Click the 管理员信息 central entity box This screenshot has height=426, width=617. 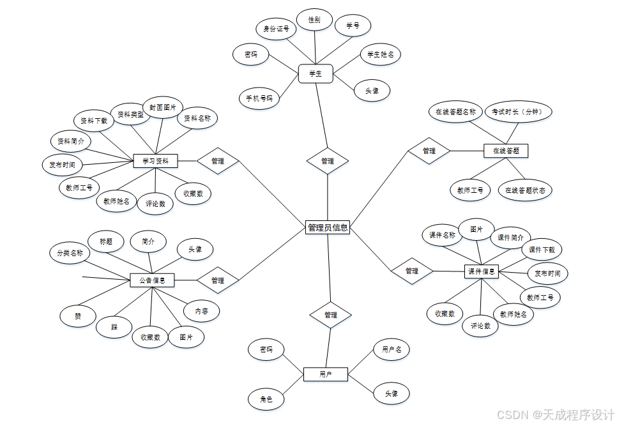pyautogui.click(x=328, y=227)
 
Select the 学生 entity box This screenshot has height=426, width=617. pyautogui.click(x=316, y=74)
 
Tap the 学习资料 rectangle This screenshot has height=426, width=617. pyautogui.click(x=155, y=161)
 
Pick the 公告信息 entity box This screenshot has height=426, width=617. pyautogui.click(x=152, y=280)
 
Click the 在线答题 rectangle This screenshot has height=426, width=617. pyautogui.click(x=506, y=151)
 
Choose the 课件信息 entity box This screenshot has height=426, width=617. pyautogui.click(x=481, y=271)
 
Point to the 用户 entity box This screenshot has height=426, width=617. pyautogui.click(x=325, y=374)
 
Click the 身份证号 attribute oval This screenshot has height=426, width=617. pyautogui.click(x=276, y=29)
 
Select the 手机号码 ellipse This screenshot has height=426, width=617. pyautogui.click(x=259, y=98)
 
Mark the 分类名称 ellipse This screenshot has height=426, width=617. pyautogui.click(x=70, y=252)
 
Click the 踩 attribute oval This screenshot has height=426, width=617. pyautogui.click(x=114, y=327)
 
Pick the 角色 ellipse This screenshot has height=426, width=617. pyautogui.click(x=266, y=399)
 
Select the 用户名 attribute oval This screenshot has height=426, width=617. pyautogui.click(x=392, y=349)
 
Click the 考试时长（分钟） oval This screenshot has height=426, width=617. pyautogui.click(x=517, y=112)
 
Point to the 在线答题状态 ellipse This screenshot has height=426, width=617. pyautogui.click(x=524, y=190)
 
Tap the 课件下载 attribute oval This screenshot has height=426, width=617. pyautogui.click(x=542, y=250)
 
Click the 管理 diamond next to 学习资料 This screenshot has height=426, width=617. pyautogui.click(x=218, y=161)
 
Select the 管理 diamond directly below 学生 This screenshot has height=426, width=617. pyautogui.click(x=328, y=161)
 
